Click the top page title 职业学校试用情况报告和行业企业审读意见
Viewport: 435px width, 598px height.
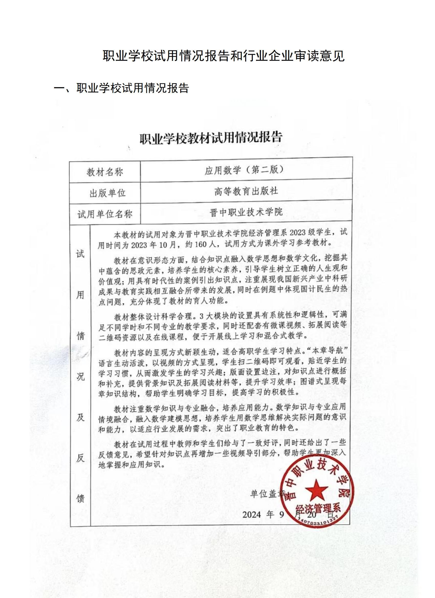coord(223,56)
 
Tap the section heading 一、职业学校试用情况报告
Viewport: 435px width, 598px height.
coord(122,88)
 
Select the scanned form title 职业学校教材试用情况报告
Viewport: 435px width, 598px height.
coord(211,138)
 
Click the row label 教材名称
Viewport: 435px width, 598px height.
coord(105,172)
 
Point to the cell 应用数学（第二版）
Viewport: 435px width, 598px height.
coord(244,170)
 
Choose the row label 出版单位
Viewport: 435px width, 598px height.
coord(107,193)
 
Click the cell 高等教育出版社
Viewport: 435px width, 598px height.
coord(246,191)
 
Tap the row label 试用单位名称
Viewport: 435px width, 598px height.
coord(105,214)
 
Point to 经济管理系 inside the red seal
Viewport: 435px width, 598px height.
coord(318,509)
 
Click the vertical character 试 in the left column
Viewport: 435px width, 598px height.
coord(80,254)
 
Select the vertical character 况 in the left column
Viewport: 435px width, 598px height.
coord(80,377)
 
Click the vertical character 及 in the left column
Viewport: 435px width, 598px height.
coord(80,417)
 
